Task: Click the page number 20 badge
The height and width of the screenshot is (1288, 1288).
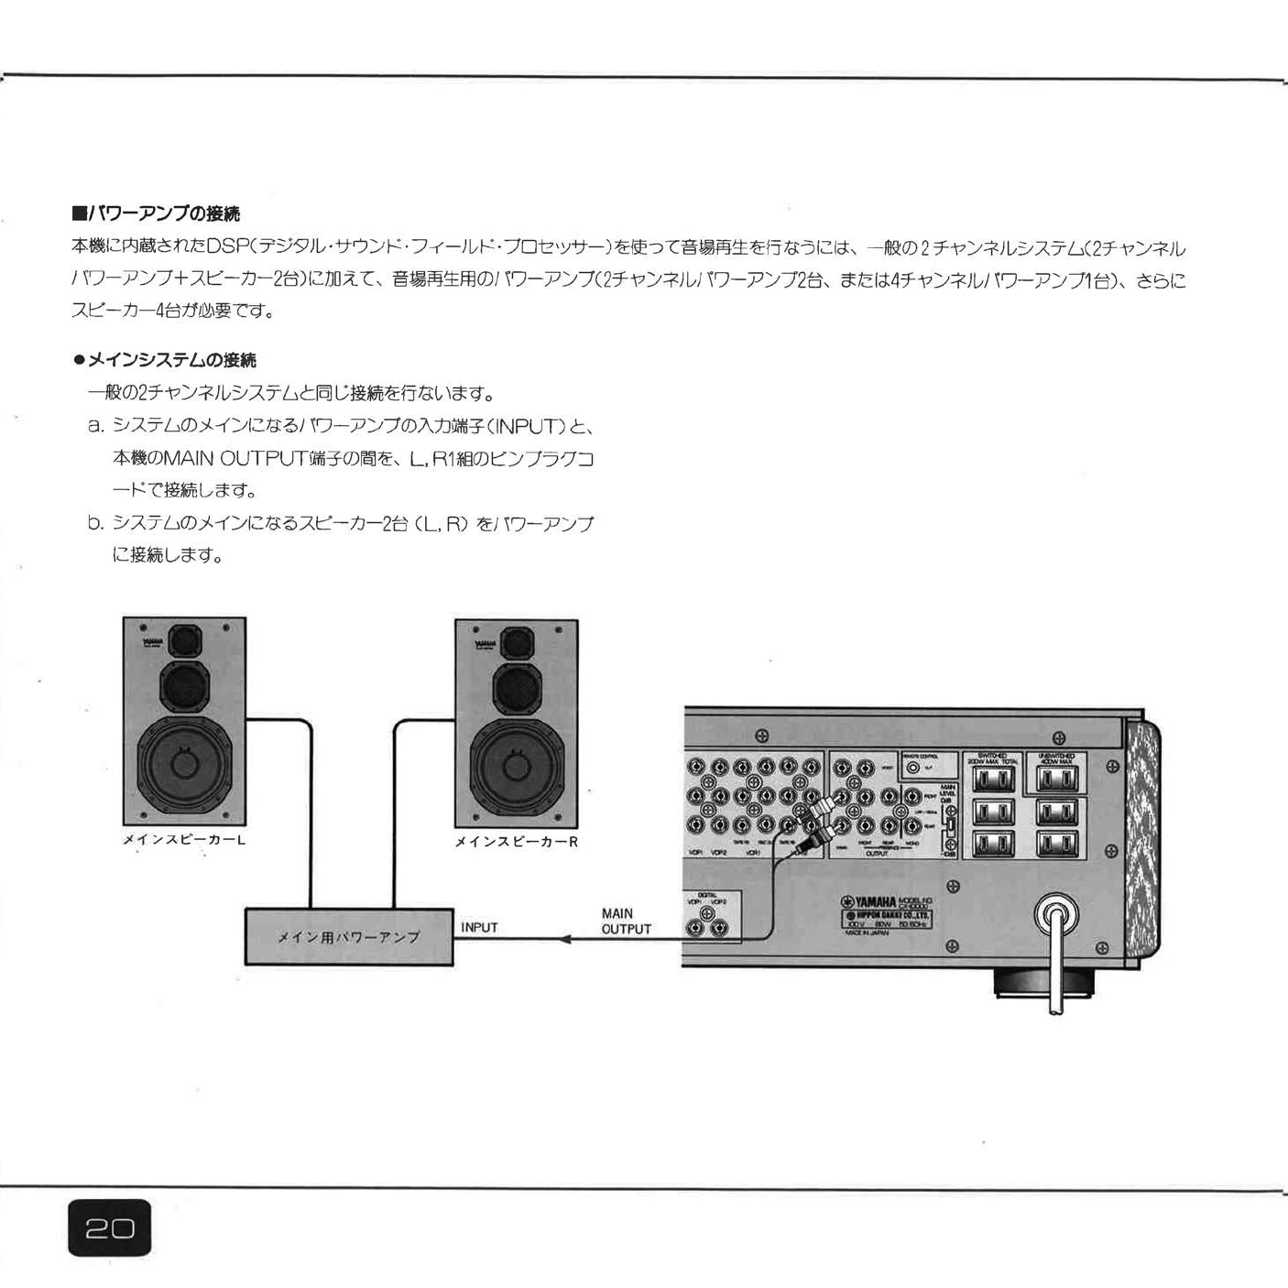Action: click(x=109, y=1228)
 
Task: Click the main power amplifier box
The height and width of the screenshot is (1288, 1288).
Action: click(x=349, y=937)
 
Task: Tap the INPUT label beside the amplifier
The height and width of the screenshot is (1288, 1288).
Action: click(x=479, y=927)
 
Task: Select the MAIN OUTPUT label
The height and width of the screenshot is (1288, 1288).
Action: click(x=626, y=922)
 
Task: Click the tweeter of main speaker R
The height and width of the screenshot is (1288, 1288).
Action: click(x=517, y=639)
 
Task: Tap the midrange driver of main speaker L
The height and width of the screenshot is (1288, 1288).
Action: click(x=185, y=683)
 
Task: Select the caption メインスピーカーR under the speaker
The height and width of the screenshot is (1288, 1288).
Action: click(x=516, y=842)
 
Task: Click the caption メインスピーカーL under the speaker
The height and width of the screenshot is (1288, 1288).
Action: click(x=184, y=839)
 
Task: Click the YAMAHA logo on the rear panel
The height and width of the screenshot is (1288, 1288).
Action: click(x=870, y=902)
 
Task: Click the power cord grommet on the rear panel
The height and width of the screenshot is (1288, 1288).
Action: click(x=1055, y=915)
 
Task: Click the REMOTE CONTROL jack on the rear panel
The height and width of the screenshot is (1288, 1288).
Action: click(x=913, y=768)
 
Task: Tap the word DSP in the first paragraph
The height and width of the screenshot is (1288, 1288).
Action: click(x=227, y=246)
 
